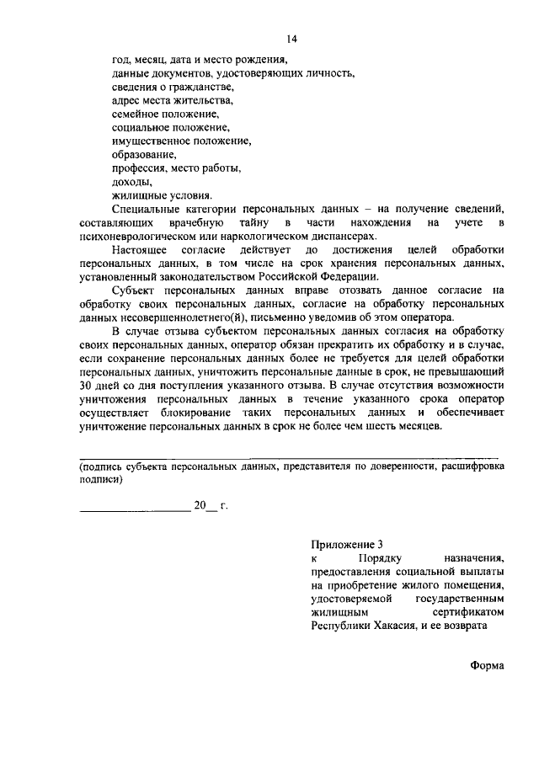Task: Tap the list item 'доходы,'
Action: click(x=131, y=181)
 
